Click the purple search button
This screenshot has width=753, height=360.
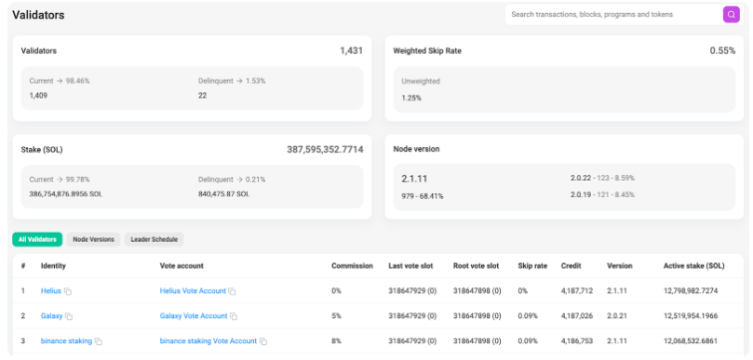(731, 14)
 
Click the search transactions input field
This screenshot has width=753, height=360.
(613, 14)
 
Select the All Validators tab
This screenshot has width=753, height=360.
(37, 239)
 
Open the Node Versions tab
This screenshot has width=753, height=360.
(94, 239)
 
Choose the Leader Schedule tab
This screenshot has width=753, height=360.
(155, 239)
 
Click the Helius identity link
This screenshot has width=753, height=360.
(51, 291)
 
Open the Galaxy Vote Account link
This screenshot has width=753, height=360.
(194, 316)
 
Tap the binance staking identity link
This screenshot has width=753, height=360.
(66, 340)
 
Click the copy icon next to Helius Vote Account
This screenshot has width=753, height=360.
(232, 291)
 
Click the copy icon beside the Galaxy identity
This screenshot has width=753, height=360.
(69, 316)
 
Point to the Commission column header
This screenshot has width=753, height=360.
(352, 265)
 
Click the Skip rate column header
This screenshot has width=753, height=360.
(532, 265)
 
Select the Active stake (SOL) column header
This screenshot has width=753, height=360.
(694, 265)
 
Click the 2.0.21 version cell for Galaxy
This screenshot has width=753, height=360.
(616, 316)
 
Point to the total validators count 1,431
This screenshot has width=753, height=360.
(352, 50)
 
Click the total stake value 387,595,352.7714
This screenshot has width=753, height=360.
(325, 150)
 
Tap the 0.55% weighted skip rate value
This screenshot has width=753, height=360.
(722, 50)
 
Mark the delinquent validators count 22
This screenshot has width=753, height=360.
(202, 96)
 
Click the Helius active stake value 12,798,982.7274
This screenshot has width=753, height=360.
(691, 291)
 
